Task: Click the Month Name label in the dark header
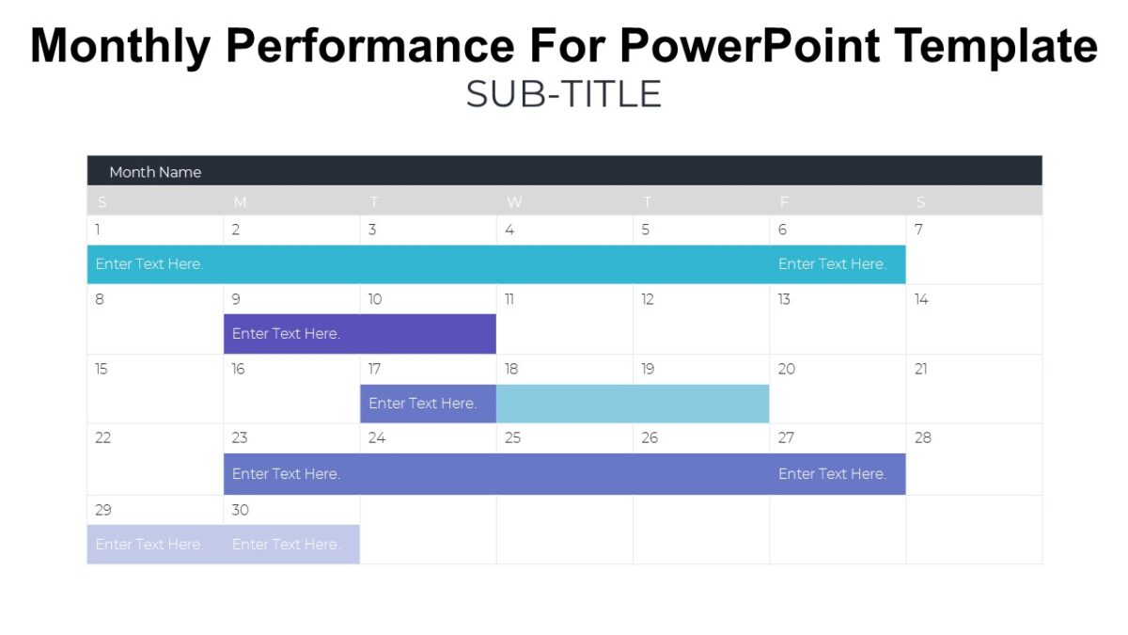(155, 172)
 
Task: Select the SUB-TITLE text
(563, 95)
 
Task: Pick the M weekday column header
(240, 202)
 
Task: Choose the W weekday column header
(513, 202)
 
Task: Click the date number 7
(918, 230)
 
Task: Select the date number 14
(921, 299)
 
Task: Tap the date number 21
(921, 369)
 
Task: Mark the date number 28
(922, 437)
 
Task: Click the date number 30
(240, 510)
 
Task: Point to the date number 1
(98, 230)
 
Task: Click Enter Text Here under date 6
(832, 264)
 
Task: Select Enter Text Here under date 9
(286, 334)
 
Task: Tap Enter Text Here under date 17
(422, 404)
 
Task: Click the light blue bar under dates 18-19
(632, 404)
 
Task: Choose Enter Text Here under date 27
(832, 474)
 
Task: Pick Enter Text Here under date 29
(149, 545)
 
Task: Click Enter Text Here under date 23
(286, 474)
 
